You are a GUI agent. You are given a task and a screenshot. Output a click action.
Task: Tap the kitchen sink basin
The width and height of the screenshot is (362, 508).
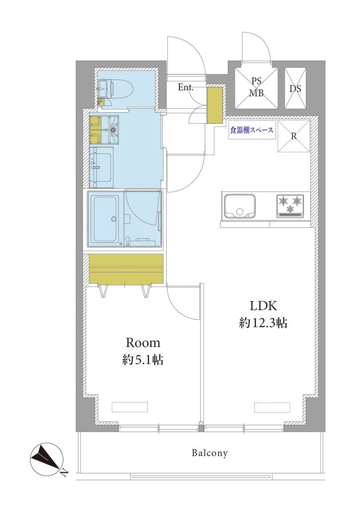(240, 206)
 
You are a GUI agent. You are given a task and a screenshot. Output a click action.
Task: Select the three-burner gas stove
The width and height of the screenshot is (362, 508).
(290, 206)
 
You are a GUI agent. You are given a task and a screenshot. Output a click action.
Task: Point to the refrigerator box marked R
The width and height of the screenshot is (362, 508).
(294, 136)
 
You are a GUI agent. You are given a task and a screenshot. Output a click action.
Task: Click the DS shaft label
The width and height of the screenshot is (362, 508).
(295, 89)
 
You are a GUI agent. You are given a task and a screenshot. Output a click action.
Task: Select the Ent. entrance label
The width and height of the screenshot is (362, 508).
(185, 87)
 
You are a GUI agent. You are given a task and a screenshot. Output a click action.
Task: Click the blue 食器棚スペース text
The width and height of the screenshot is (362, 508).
(251, 130)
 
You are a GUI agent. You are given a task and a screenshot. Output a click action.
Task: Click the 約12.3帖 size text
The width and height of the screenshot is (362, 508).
(263, 323)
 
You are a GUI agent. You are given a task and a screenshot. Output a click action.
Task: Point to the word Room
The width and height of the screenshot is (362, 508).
(143, 343)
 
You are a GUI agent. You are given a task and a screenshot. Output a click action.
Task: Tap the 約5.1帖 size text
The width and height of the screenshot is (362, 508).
(143, 360)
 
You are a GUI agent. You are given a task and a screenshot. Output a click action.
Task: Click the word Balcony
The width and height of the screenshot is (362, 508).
(210, 453)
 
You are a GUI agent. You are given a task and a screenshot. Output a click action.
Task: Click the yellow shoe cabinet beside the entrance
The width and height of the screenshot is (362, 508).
(215, 105)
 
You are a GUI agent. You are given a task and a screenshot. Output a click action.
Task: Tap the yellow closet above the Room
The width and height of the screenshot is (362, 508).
(126, 269)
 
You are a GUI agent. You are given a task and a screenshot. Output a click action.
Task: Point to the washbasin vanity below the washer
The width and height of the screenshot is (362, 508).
(101, 167)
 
